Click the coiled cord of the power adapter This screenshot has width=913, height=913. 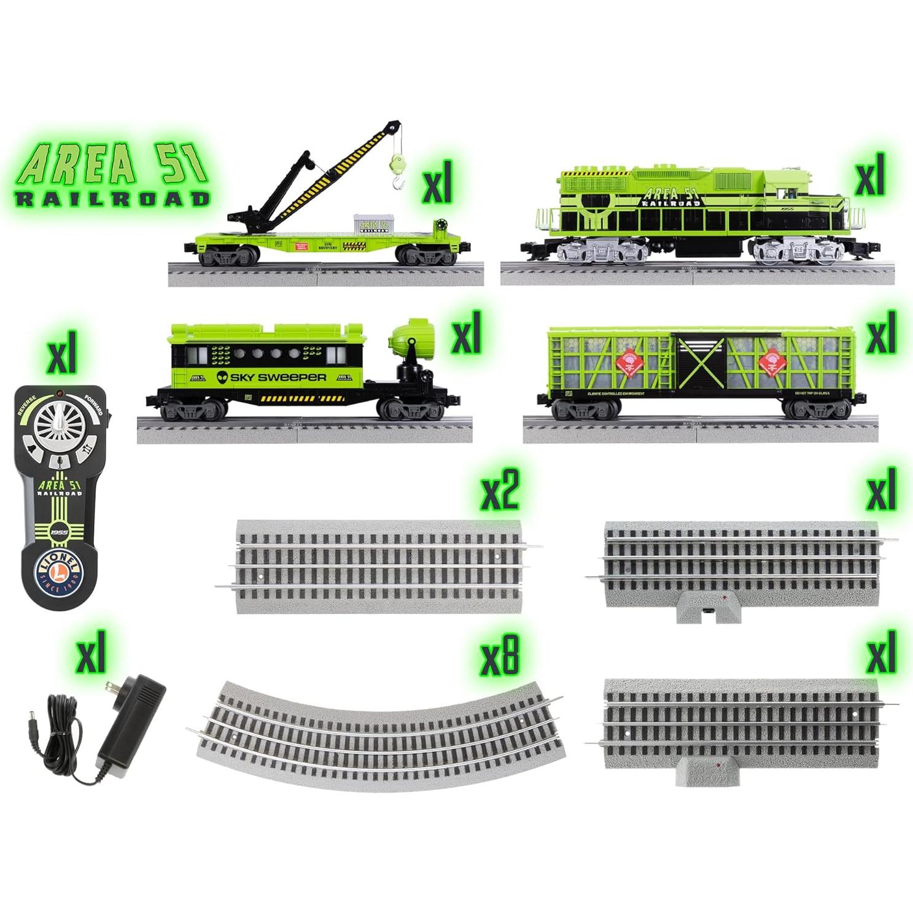[67, 715]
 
